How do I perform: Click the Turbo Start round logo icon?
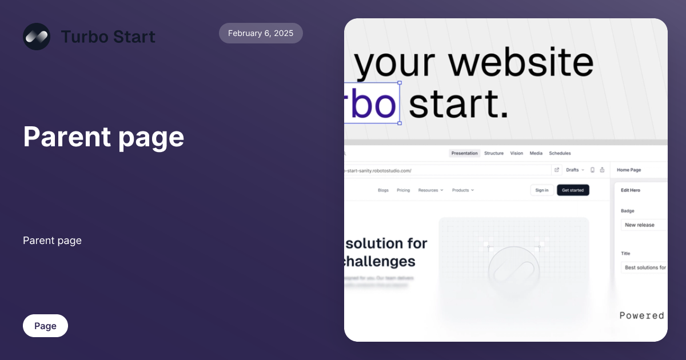pos(37,37)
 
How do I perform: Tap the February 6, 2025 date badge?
pos(261,33)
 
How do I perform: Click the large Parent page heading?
pos(103,137)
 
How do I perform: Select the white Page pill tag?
pos(45,326)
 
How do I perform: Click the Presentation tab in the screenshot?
pos(464,153)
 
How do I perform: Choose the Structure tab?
pos(494,153)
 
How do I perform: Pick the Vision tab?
pos(517,153)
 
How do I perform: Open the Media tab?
pos(536,153)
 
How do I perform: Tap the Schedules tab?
pos(560,153)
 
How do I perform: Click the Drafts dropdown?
pos(574,170)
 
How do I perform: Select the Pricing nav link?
pos(403,190)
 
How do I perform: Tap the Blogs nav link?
pos(383,190)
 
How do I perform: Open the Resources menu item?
pos(430,190)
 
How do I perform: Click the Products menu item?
pos(462,190)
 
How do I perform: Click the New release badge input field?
pos(644,225)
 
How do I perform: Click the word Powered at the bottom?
pos(641,315)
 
